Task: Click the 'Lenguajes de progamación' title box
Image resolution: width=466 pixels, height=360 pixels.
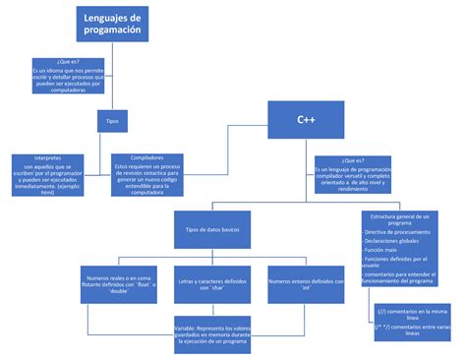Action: [x=112, y=26]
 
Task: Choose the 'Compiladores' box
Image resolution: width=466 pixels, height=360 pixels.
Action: [x=147, y=174]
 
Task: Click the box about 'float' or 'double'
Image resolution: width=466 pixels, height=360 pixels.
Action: [x=121, y=282]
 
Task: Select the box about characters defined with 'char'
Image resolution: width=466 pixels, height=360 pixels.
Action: [x=213, y=283]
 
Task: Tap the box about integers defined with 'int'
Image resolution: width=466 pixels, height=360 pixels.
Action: [x=305, y=283]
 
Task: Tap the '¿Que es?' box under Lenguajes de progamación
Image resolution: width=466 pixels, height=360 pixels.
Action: [x=69, y=77]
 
